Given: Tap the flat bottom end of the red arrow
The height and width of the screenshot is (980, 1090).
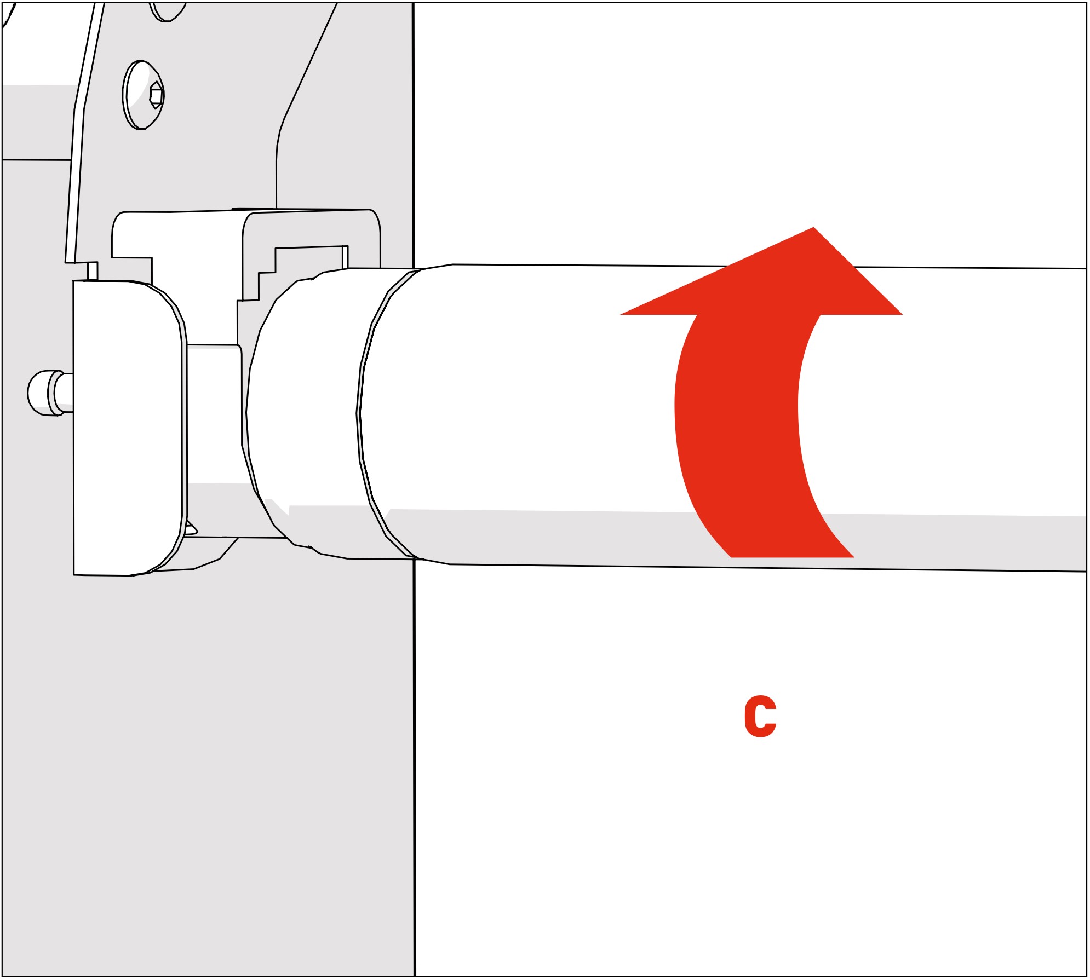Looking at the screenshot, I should click(x=792, y=556).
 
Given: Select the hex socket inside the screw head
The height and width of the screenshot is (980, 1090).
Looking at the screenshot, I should click(x=156, y=96).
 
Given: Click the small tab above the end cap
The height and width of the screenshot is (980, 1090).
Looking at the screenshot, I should click(x=93, y=271).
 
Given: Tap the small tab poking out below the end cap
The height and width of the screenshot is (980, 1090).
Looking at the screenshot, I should click(x=191, y=528).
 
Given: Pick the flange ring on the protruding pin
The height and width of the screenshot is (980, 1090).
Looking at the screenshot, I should click(x=53, y=393).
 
